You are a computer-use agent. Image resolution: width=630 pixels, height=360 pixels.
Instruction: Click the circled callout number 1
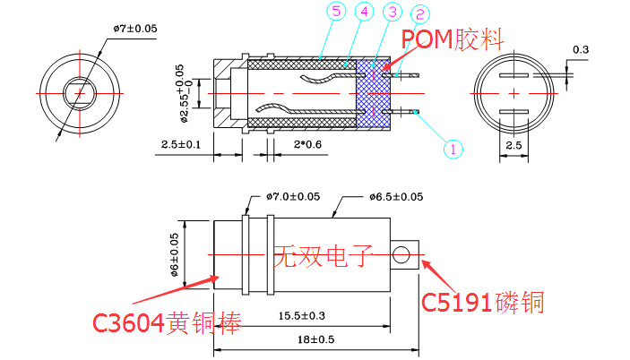453,149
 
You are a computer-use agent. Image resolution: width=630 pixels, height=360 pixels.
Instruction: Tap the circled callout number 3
393,12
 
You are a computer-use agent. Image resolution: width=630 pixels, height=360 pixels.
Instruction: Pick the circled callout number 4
363,13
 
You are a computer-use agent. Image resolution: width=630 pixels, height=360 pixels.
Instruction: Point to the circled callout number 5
335,12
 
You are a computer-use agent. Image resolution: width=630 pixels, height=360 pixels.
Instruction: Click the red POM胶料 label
453,39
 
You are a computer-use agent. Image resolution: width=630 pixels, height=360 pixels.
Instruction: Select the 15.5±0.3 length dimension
302,316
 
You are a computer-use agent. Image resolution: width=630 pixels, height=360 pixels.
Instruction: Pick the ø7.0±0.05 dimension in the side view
294,197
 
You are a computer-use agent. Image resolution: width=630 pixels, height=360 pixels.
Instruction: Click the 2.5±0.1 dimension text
181,144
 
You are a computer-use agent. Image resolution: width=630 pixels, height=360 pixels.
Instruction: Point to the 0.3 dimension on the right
580,48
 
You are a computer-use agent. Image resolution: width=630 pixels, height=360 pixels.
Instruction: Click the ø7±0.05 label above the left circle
135,29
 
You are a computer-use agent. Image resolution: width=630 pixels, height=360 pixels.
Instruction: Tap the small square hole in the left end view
81,92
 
